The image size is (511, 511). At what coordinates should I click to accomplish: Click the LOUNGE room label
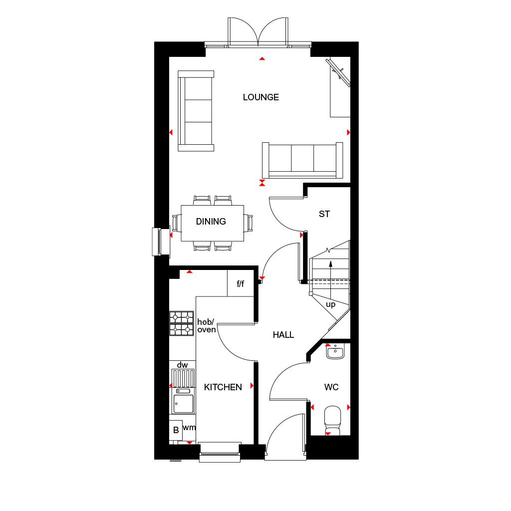pyautogui.click(x=260, y=97)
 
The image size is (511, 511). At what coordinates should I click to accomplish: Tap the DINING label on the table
pyautogui.click(x=211, y=222)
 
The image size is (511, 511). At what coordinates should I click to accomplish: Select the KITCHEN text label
pyautogui.click(x=223, y=387)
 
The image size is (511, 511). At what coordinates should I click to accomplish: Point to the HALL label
pyautogui.click(x=283, y=335)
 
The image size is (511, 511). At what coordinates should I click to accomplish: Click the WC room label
pyautogui.click(x=331, y=387)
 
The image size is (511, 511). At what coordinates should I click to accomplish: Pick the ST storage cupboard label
pyautogui.click(x=324, y=214)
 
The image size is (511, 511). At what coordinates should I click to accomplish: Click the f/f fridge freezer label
pyautogui.click(x=241, y=284)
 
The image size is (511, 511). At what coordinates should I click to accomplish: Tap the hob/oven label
pyautogui.click(x=206, y=325)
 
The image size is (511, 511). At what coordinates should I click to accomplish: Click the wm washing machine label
pyautogui.click(x=189, y=428)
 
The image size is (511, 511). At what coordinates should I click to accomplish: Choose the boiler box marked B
pyautogui.click(x=176, y=430)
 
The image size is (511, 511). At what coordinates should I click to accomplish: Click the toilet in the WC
pyautogui.click(x=332, y=420)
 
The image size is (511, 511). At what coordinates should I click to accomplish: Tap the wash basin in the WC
pyautogui.click(x=334, y=352)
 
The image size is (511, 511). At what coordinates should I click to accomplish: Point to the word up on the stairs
pyautogui.click(x=330, y=304)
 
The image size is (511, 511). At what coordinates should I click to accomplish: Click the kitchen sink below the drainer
pyautogui.click(x=183, y=404)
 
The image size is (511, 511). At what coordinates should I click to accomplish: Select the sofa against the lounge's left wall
pyautogui.click(x=196, y=111)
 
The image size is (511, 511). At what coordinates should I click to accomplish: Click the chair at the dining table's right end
pyautogui.click(x=249, y=223)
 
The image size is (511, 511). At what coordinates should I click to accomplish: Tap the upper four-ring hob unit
pyautogui.click(x=182, y=316)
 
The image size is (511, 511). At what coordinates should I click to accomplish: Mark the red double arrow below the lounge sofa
pyautogui.click(x=262, y=183)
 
